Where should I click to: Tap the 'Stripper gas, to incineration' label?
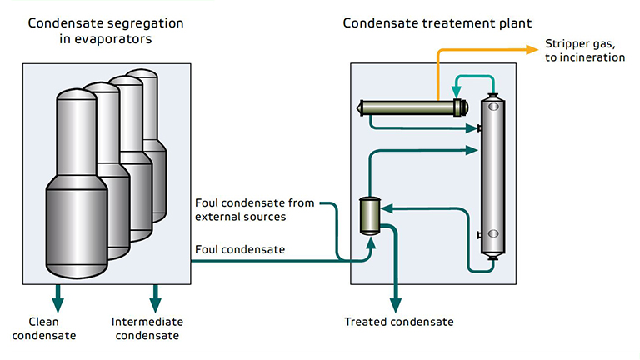(x=584, y=50)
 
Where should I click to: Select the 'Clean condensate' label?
(x=52, y=328)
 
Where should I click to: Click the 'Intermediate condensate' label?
(x=147, y=328)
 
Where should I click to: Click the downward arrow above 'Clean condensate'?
(x=58, y=296)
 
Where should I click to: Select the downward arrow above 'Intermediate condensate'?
(x=154, y=296)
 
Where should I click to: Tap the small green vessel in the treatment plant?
(x=368, y=215)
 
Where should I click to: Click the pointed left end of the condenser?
(x=360, y=107)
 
